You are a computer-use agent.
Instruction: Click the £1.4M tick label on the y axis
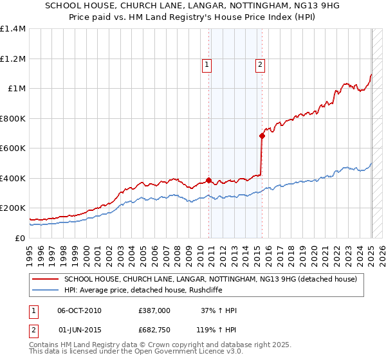pos(13,29)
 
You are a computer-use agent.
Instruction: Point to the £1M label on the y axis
pos(17,89)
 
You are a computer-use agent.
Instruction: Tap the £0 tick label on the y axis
pos(21,238)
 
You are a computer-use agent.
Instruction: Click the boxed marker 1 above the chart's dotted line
pos(207,64)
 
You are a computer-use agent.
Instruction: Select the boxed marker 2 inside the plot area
pos(260,64)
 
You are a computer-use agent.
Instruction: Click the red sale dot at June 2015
pos(262,136)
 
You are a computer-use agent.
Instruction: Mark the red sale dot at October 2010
pos(209,180)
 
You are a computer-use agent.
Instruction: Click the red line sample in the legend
pos(45,279)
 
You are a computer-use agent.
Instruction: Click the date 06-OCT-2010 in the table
pos(79,310)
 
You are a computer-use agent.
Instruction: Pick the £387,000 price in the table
pos(154,310)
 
